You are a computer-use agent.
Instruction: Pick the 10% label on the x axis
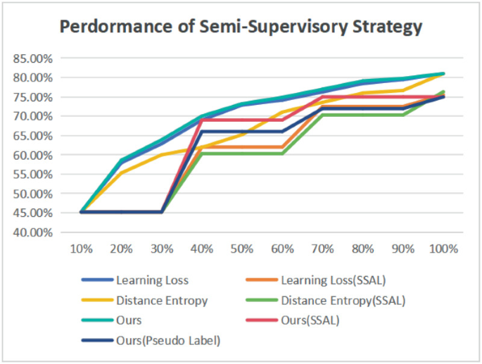tap(82, 249)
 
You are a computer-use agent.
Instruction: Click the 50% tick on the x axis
tap(243, 249)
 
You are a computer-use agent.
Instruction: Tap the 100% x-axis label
tap(443, 249)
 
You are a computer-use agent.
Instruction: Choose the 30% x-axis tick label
tap(162, 249)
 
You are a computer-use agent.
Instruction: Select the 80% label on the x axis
tap(363, 249)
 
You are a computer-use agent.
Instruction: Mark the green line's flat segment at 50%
tap(243, 153)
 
